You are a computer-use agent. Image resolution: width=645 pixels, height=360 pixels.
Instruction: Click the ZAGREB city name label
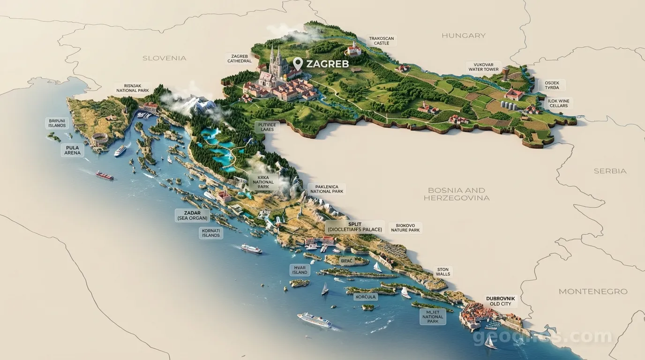[x=327, y=64]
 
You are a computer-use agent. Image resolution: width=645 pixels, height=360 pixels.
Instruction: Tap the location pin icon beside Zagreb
[x=298, y=63]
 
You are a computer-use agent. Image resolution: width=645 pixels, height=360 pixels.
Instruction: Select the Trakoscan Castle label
[x=381, y=41]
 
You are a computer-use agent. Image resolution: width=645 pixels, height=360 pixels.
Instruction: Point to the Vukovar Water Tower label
[x=483, y=67]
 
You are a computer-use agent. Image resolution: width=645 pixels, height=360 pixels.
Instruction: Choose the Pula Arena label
[x=72, y=150]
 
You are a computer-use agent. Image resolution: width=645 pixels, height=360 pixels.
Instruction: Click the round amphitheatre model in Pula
[x=99, y=139]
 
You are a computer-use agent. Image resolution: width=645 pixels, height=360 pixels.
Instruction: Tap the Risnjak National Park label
[x=133, y=88]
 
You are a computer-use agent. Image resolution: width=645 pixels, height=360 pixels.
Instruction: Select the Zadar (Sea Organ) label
[x=192, y=216]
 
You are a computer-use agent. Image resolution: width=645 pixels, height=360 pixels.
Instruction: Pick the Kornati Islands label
[x=211, y=233]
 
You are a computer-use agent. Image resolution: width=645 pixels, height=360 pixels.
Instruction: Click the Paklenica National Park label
[x=327, y=189]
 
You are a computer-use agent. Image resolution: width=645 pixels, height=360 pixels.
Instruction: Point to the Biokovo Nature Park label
[x=405, y=228]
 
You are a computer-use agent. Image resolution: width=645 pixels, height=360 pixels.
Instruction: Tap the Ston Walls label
[x=442, y=272]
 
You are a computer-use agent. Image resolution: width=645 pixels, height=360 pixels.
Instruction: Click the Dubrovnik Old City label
[x=500, y=301]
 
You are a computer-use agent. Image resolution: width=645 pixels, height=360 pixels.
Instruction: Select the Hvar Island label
[x=300, y=270]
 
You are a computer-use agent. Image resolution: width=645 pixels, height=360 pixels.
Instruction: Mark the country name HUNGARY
[x=463, y=36]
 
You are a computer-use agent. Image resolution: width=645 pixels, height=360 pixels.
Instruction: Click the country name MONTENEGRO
[x=592, y=292]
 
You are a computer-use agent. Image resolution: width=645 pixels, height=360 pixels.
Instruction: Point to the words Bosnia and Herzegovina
[x=456, y=194]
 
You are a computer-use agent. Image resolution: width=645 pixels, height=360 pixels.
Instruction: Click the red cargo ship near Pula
[x=105, y=175]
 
